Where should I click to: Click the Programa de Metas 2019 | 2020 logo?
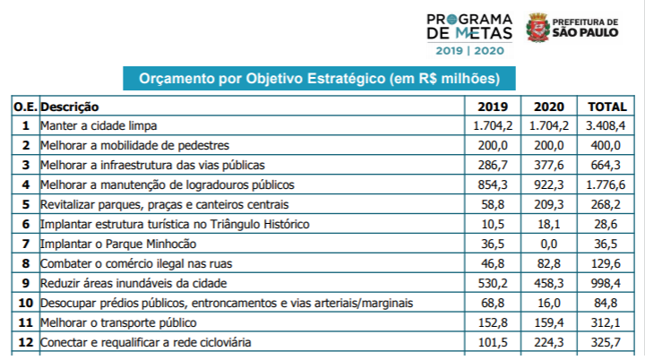tap(470, 33)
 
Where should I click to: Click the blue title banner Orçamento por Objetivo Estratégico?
tap(319, 79)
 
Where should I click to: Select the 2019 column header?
tap(492, 107)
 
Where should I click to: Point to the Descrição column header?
tap(70, 107)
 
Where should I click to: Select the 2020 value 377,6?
tap(548, 165)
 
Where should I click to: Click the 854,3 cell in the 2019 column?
tap(494, 184)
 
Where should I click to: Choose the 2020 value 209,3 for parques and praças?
tap(548, 204)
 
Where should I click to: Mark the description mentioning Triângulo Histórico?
tap(175, 224)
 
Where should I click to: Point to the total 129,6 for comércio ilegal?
tap(606, 263)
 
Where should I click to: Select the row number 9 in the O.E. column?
tap(26, 283)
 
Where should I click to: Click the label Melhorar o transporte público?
tap(118, 322)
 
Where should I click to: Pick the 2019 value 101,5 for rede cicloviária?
tap(494, 342)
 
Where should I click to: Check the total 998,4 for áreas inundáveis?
tap(606, 283)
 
